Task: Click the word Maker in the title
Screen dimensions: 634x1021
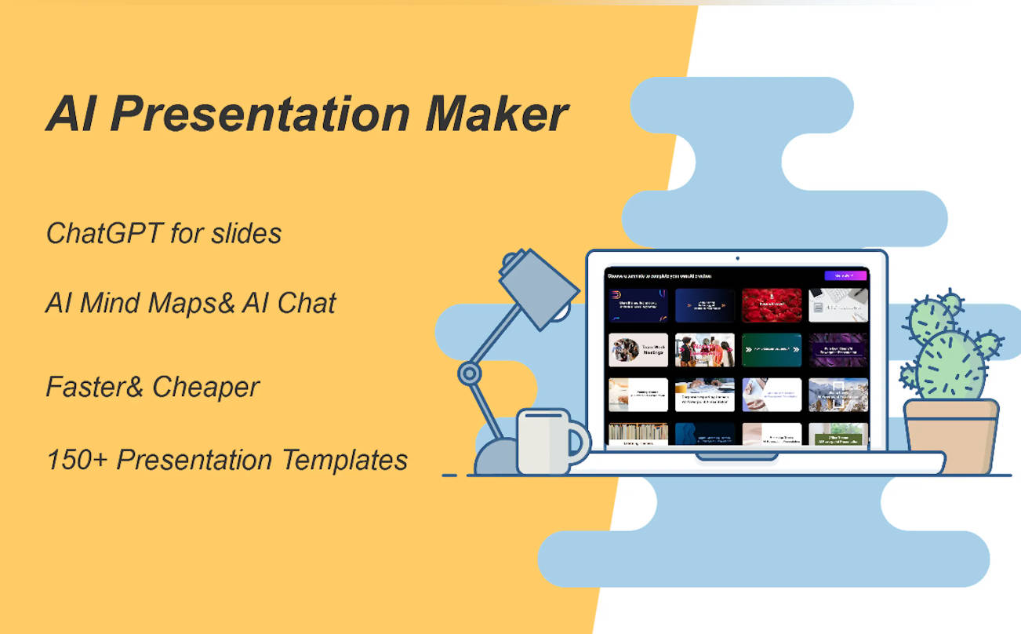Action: [496, 115]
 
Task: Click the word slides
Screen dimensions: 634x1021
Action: [247, 233]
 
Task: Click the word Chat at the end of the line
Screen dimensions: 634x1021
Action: [306, 303]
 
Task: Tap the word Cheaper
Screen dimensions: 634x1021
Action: [205, 387]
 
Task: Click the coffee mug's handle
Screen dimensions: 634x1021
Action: [579, 440]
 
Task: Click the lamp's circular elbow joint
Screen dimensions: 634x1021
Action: [470, 373]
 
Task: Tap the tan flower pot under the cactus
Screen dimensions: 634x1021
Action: [950, 436]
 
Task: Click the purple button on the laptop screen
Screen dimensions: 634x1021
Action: [845, 275]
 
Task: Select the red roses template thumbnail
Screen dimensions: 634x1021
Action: [772, 305]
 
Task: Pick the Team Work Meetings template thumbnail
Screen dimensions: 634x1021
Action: [638, 350]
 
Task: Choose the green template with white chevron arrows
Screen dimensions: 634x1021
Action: [772, 350]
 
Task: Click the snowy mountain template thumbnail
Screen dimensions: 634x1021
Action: [838, 395]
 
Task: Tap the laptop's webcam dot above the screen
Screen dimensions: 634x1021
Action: [737, 257]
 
